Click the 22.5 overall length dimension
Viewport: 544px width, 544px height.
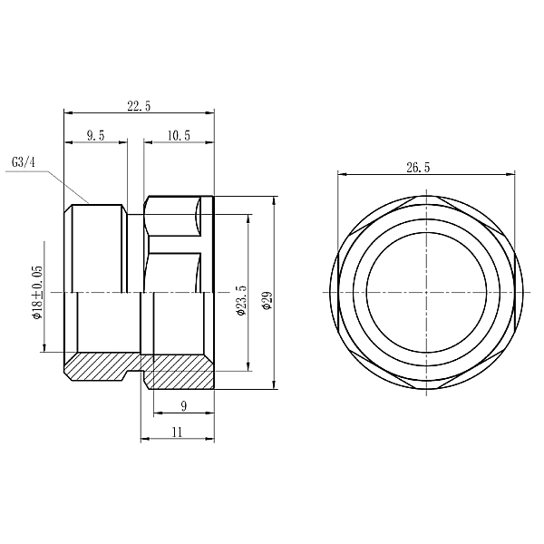(x=139, y=106)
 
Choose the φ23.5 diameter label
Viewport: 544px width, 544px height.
(x=241, y=299)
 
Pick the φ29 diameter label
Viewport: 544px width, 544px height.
(x=267, y=300)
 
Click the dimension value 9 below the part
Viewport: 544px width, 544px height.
(x=184, y=405)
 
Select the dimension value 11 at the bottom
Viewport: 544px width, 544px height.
(x=177, y=432)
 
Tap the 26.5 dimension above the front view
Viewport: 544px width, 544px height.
(x=419, y=167)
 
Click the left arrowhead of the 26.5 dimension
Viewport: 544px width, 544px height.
(x=341, y=174)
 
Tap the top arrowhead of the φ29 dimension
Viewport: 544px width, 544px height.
(x=276, y=199)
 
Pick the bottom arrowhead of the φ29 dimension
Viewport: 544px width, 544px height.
(x=276, y=385)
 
